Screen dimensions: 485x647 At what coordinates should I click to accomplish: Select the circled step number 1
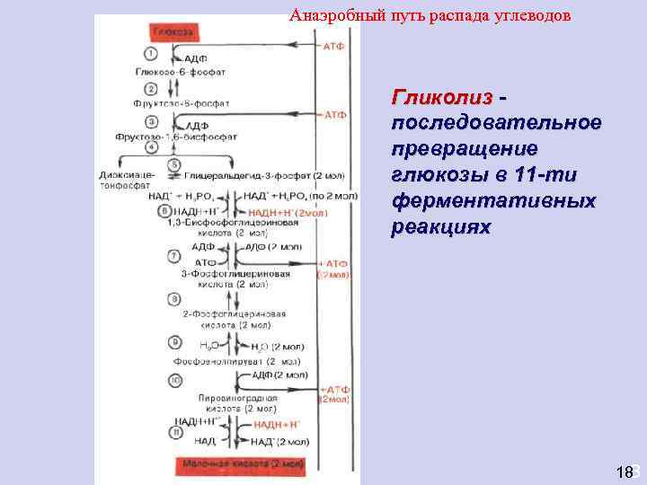[x=151, y=55]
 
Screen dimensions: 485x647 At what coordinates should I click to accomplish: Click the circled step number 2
[x=151, y=88]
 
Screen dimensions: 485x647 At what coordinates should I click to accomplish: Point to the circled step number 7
[x=173, y=255]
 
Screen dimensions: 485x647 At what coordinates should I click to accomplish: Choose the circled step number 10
[x=173, y=381]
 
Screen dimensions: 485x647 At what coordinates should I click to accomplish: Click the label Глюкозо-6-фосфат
[x=180, y=71]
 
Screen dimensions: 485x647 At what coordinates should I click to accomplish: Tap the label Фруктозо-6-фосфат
[x=180, y=103]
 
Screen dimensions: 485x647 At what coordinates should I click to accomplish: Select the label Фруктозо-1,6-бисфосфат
[x=176, y=137]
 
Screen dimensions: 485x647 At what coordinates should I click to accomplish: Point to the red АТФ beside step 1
[x=334, y=46]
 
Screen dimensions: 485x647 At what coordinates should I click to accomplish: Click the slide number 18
[x=625, y=472]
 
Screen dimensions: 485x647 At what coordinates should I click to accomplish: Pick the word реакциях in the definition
[x=441, y=226]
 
